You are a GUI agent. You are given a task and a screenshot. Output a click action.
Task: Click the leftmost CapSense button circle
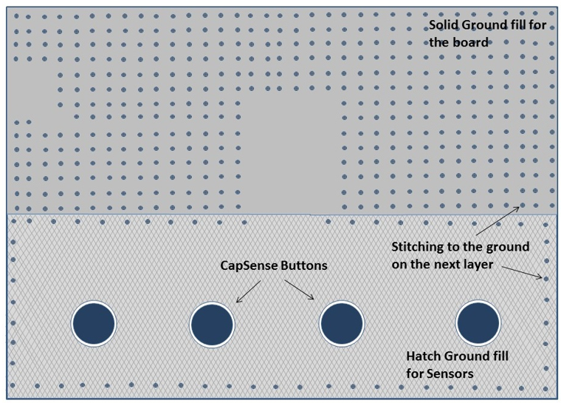(94, 323)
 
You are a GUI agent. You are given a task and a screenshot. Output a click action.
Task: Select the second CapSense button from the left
(212, 324)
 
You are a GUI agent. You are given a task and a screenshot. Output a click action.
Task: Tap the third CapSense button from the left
(342, 323)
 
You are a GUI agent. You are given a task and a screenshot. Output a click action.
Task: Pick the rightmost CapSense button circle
(478, 323)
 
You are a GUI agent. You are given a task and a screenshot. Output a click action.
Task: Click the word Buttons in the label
(304, 265)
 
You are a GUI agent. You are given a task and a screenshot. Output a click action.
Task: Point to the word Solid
(444, 25)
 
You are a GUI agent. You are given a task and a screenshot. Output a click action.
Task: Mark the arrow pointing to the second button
(249, 291)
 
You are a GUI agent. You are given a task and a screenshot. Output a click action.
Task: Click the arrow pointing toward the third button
(299, 289)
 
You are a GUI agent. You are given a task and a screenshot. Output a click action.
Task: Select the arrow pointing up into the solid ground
(498, 221)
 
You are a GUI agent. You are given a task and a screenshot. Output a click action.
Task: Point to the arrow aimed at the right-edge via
(522, 272)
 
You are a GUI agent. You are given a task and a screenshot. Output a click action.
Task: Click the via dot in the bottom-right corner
(545, 389)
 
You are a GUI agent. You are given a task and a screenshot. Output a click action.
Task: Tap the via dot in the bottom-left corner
(13, 385)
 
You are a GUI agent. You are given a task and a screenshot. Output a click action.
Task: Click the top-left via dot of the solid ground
(16, 16)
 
